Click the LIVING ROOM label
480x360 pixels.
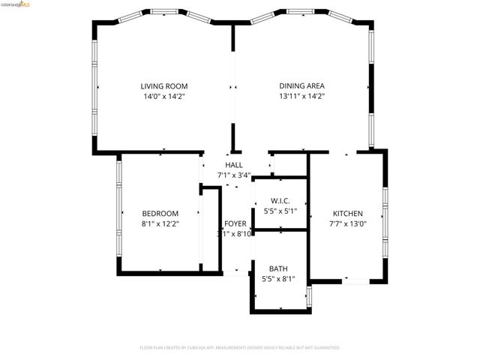[163, 86]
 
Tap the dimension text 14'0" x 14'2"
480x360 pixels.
[163, 96]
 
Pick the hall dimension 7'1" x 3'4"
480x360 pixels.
[233, 175]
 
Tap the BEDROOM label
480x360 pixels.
[160, 213]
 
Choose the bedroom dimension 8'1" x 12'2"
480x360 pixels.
[160, 223]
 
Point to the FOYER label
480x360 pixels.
[235, 224]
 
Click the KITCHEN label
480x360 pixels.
[347, 213]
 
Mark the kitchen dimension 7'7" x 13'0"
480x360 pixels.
[347, 223]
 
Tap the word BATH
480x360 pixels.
[278, 268]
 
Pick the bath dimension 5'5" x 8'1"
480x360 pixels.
[278, 279]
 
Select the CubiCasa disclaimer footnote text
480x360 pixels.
[240, 348]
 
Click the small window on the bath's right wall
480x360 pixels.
[310, 295]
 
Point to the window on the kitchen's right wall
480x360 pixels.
[385, 221]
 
